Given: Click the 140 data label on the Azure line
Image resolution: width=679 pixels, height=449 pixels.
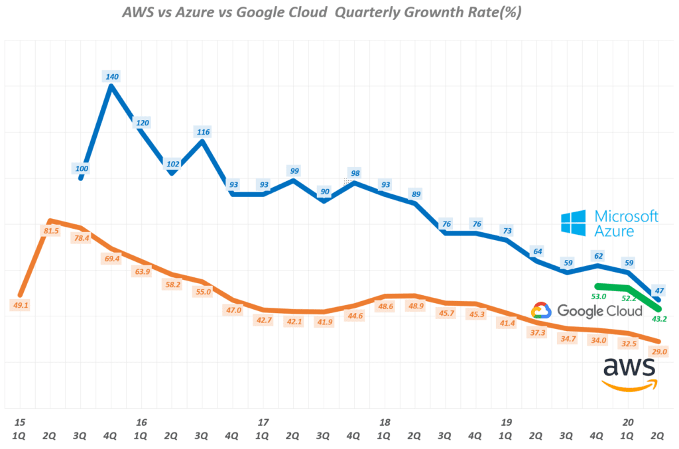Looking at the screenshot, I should pyautogui.click(x=112, y=76).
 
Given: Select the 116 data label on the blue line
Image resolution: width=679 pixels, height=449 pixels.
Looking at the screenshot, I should pyautogui.click(x=204, y=132).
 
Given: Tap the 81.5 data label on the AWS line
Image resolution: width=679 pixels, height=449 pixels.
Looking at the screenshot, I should pyautogui.click(x=50, y=231).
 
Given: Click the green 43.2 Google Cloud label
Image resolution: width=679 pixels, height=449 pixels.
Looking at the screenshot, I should pyautogui.click(x=660, y=319).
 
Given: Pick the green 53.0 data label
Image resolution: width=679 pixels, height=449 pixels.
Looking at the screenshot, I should pyautogui.click(x=599, y=296).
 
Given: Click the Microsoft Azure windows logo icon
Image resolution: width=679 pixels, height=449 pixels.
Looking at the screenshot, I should pyautogui.click(x=573, y=223).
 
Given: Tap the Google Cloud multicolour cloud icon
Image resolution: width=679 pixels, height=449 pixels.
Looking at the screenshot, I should pyautogui.click(x=542, y=310).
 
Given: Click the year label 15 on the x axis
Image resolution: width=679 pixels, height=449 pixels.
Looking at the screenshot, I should pyautogui.click(x=20, y=422).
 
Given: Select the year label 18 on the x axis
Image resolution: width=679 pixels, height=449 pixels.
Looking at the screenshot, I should pyautogui.click(x=385, y=422).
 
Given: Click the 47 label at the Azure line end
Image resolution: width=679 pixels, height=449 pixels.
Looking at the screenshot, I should pyautogui.click(x=660, y=290).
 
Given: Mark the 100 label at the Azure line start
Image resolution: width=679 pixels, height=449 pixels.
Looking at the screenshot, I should pyautogui.click(x=82, y=168).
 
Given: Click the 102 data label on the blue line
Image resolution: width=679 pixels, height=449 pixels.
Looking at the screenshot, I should pyautogui.click(x=172, y=164).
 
